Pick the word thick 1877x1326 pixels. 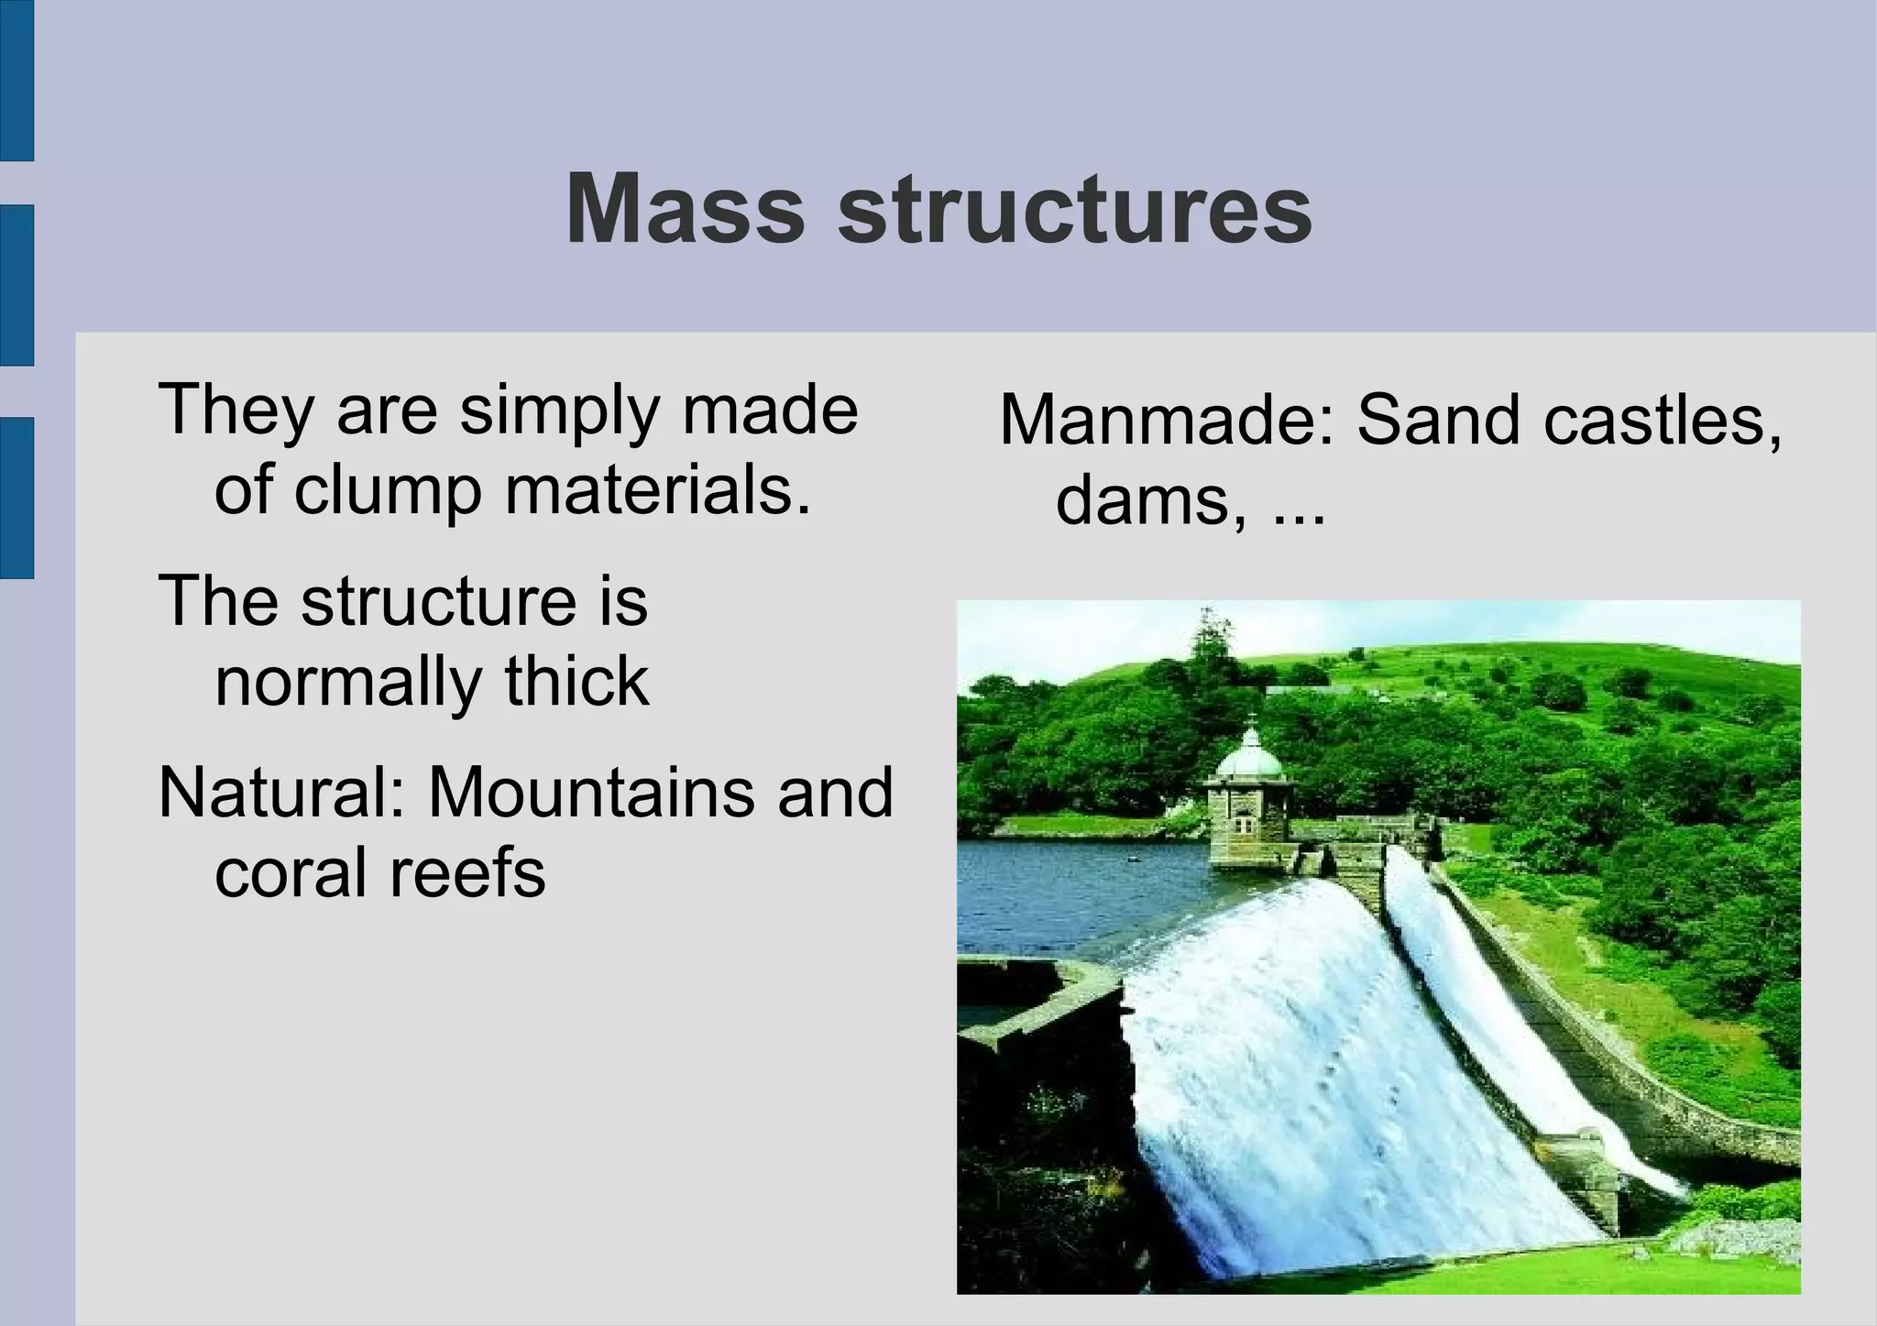576,683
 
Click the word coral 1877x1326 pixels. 292,872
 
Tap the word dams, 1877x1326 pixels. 1151,502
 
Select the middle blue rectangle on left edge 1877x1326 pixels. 16,285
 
